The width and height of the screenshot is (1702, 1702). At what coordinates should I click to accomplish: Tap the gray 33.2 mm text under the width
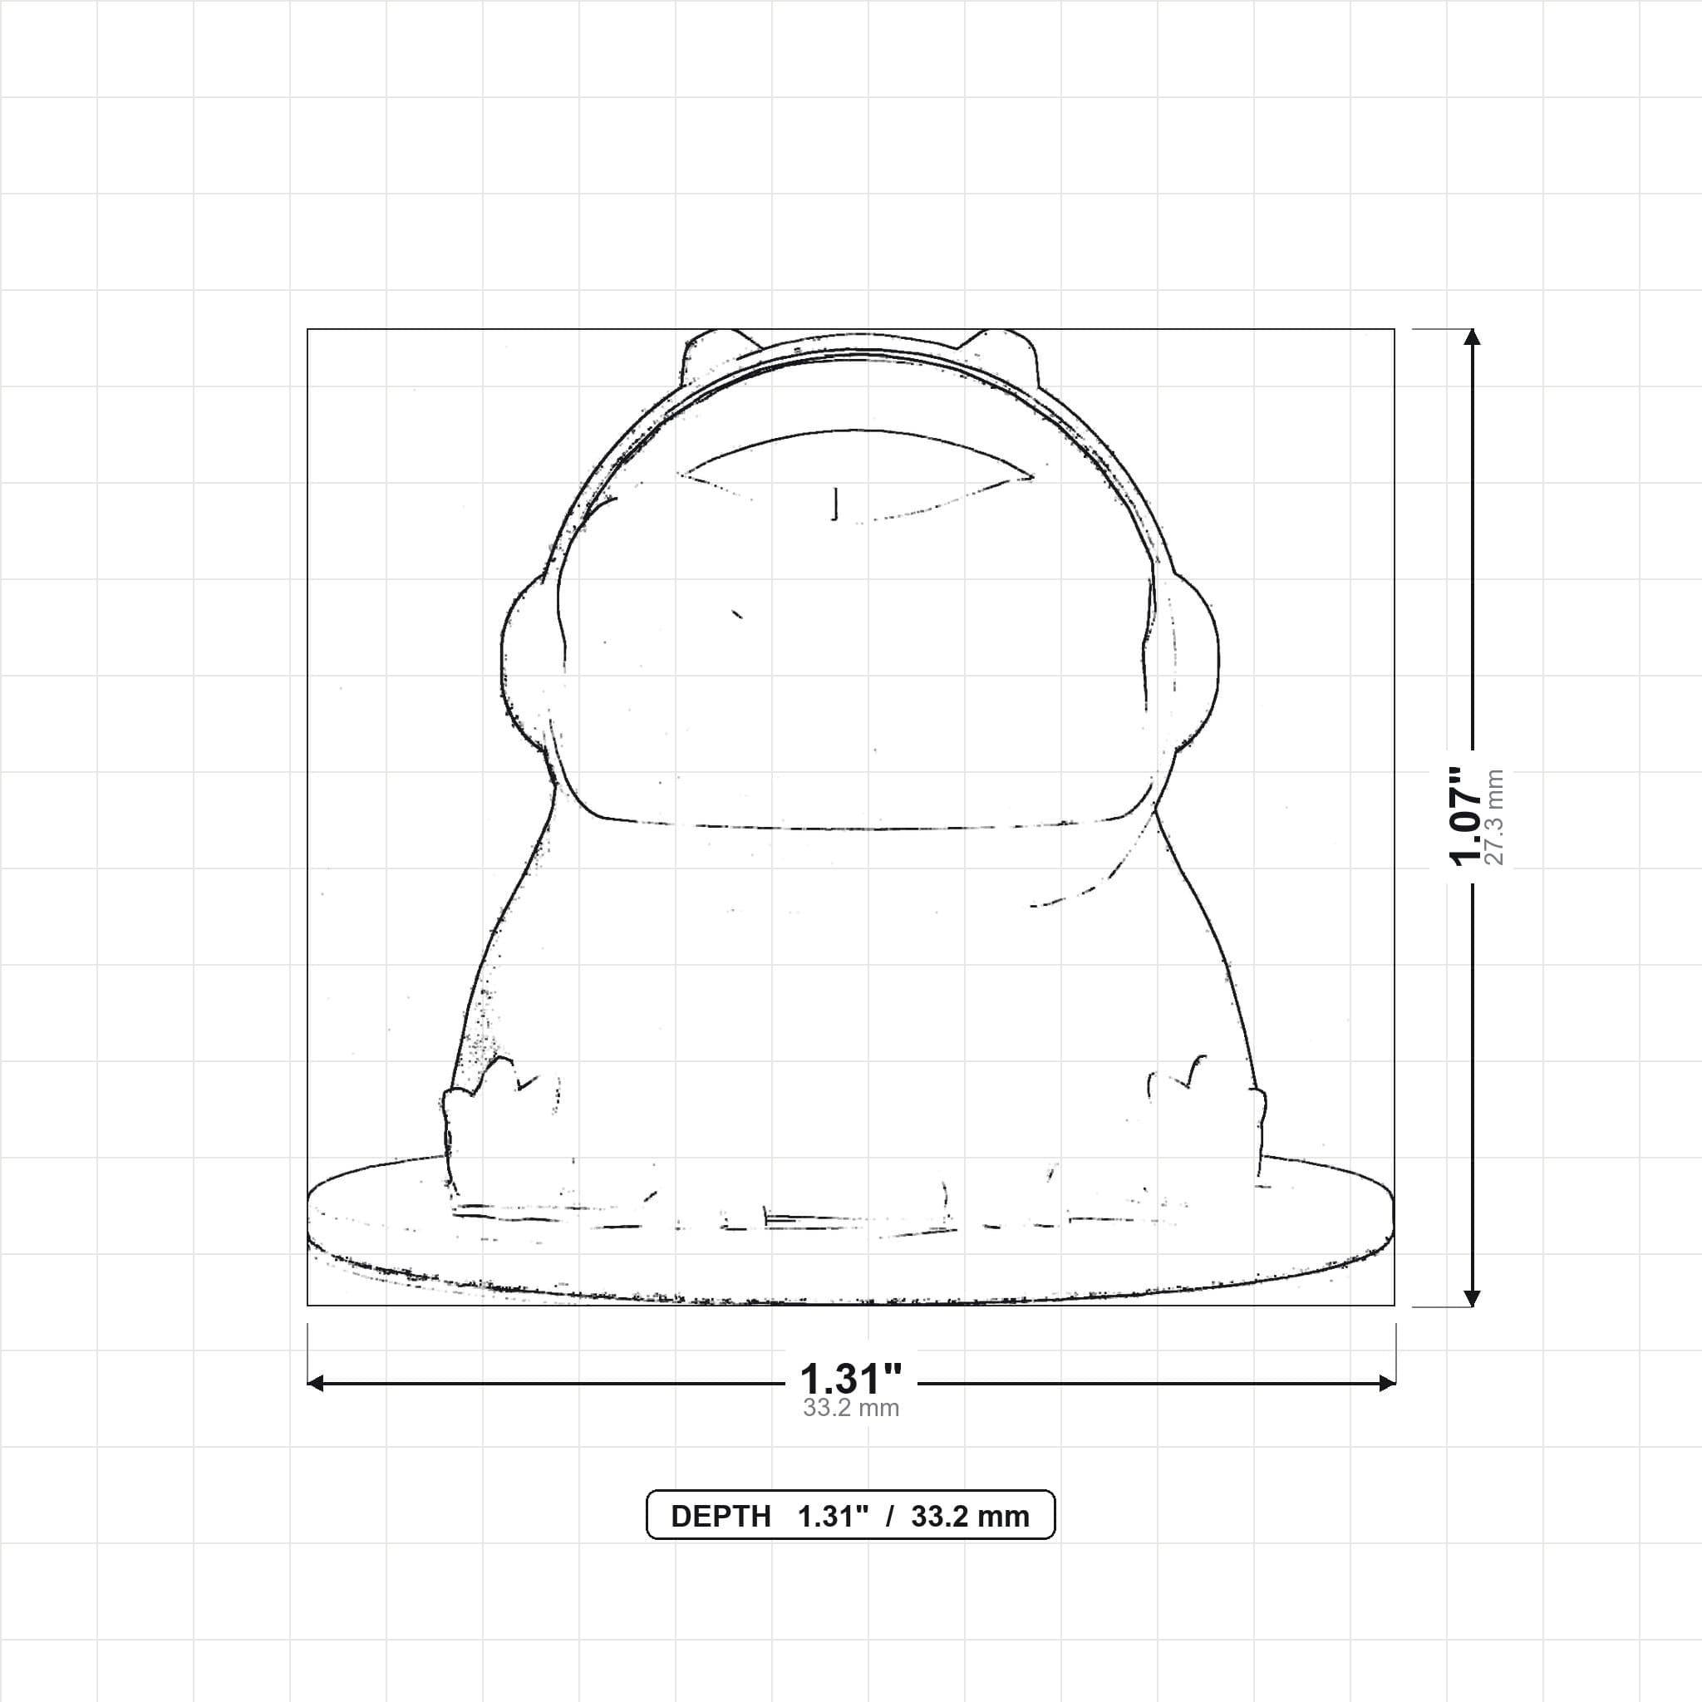point(851,1408)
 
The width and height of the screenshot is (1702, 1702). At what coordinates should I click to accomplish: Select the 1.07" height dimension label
point(1468,816)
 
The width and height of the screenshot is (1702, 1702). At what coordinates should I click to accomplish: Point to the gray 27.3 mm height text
point(1495,817)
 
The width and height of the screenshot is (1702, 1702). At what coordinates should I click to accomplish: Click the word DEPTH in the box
point(721,1517)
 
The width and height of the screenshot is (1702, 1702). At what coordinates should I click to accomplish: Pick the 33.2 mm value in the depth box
point(970,1517)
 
